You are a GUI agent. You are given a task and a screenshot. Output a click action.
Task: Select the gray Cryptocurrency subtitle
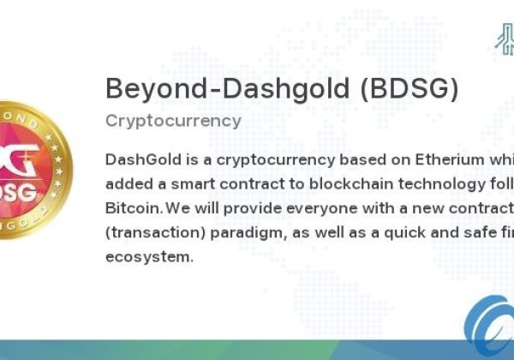[x=173, y=120]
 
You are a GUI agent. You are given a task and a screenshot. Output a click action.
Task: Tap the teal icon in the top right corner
[x=504, y=38]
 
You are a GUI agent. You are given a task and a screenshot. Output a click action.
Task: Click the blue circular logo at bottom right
[x=490, y=330]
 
